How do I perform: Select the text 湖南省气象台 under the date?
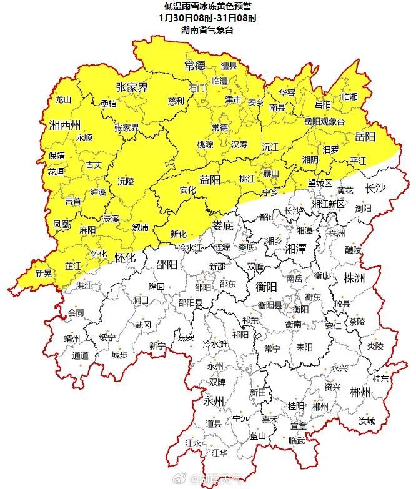pos(207,29)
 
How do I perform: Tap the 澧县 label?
pos(229,66)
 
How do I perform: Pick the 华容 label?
pos(287,92)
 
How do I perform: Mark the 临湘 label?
pos(350,97)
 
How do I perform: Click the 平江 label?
pos(359,161)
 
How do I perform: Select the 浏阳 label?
pos(364,208)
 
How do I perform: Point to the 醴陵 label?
pos(353,250)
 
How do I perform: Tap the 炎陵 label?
pos(374,345)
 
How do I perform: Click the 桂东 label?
pos(380,378)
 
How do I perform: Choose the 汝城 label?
pos(366,421)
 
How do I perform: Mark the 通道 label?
pos(81,355)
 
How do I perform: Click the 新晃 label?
pos(43,273)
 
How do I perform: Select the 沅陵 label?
pos(126,181)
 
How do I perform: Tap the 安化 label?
pos(187,190)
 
